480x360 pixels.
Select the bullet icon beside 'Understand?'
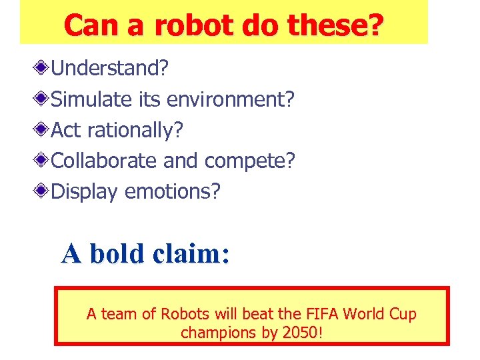pos(43,67)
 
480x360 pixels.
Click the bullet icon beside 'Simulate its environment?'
pos(43,99)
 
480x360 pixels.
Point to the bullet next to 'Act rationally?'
pos(43,129)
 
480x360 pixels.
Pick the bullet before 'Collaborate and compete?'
pos(43,161)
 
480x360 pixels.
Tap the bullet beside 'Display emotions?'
pos(43,191)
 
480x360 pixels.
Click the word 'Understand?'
pos(110,68)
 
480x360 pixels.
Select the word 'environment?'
pos(230,99)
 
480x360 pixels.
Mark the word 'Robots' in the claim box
pos(185,314)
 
